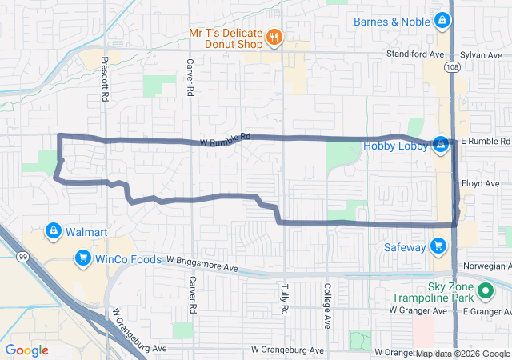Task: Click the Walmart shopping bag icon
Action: [x=53, y=231]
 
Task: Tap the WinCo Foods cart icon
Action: [x=82, y=258]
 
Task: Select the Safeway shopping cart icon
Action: [x=438, y=246]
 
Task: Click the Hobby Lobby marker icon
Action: [x=440, y=145]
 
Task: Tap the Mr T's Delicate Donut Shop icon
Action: [x=274, y=37]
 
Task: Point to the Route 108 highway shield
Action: [x=454, y=67]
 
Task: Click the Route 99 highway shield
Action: [x=21, y=256]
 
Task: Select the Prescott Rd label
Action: [x=105, y=78]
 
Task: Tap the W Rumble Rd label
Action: [x=226, y=138]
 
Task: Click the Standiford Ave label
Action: [x=414, y=54]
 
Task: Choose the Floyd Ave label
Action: [x=481, y=183]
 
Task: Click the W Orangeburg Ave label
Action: [x=287, y=350]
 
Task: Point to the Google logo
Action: [x=26, y=350]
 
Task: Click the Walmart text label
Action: [x=86, y=232]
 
